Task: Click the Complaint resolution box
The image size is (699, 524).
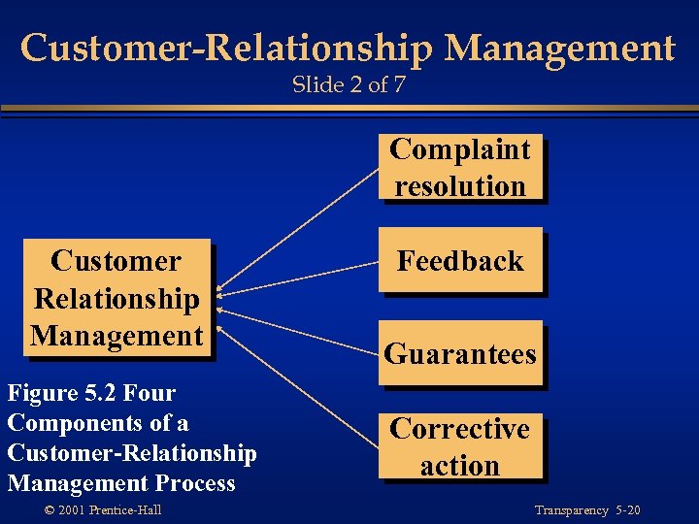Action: click(x=459, y=167)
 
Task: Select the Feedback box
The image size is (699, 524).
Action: click(x=459, y=260)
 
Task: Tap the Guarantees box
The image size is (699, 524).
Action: click(x=459, y=353)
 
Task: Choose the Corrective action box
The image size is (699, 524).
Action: click(x=459, y=446)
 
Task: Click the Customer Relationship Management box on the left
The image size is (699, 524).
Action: click(x=116, y=298)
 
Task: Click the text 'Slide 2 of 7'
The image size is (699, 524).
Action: click(x=349, y=85)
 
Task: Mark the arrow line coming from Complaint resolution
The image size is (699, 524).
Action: click(x=301, y=230)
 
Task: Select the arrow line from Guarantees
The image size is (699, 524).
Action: click(x=301, y=325)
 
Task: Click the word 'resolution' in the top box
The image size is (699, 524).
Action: click(x=459, y=185)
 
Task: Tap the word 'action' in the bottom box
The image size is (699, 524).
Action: click(x=459, y=466)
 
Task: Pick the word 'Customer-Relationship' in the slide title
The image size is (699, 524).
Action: click(x=183, y=48)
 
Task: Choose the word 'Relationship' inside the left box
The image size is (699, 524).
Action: click(x=116, y=299)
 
